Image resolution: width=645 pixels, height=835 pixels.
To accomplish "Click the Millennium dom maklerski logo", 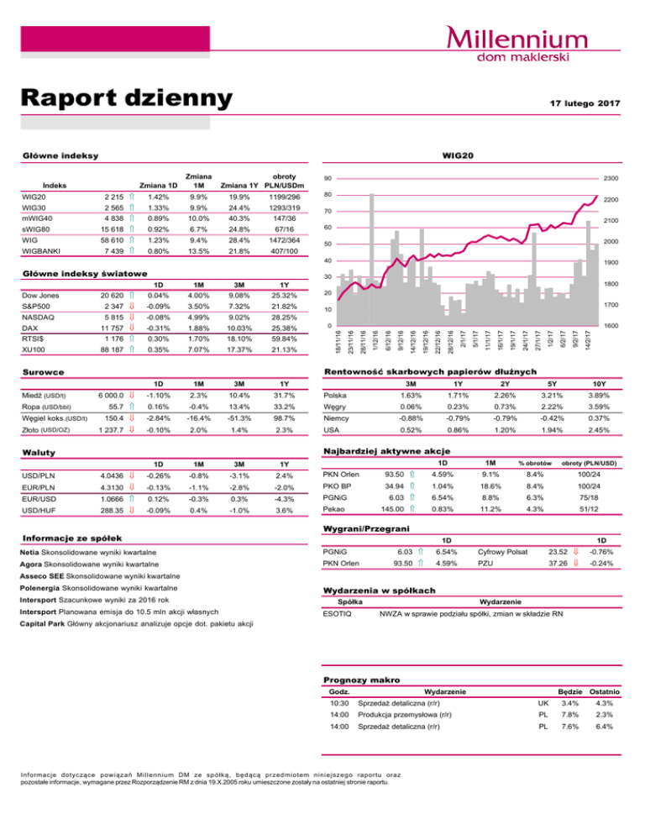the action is pyautogui.click(x=517, y=44).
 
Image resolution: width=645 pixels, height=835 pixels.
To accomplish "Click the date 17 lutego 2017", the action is pyautogui.click(x=585, y=103).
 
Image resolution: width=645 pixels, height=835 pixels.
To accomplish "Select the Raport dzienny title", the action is pyautogui.click(x=127, y=98).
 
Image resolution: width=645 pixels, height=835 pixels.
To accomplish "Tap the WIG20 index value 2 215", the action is pyautogui.click(x=114, y=197).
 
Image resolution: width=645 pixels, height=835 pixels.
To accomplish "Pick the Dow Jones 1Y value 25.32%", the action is pyautogui.click(x=284, y=296).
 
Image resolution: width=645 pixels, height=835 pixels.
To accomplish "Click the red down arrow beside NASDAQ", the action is pyautogui.click(x=132, y=318).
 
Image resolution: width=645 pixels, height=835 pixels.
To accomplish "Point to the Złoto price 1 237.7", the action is pyautogui.click(x=111, y=430).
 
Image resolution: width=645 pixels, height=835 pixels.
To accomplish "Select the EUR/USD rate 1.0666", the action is pyautogui.click(x=112, y=499).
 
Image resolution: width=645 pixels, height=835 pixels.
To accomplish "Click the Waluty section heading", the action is pyautogui.click(x=39, y=453).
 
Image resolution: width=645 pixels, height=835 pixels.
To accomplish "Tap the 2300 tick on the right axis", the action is pyautogui.click(x=611, y=178).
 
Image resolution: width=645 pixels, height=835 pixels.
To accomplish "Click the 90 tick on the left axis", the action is pyautogui.click(x=328, y=178).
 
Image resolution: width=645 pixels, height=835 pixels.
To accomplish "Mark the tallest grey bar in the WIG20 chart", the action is pyautogui.click(x=371, y=260).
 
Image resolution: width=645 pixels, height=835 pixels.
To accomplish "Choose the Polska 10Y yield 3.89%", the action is pyautogui.click(x=599, y=396).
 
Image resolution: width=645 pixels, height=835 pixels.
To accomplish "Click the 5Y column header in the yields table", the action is pyautogui.click(x=552, y=384).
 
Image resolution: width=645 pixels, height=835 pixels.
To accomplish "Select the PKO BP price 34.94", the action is pyautogui.click(x=394, y=486).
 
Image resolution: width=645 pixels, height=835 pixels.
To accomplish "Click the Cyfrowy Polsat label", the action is pyautogui.click(x=502, y=552).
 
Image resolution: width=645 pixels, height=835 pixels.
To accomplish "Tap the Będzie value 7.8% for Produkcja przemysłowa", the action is pyautogui.click(x=569, y=715).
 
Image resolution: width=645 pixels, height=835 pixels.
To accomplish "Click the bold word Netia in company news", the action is pyautogui.click(x=29, y=553).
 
